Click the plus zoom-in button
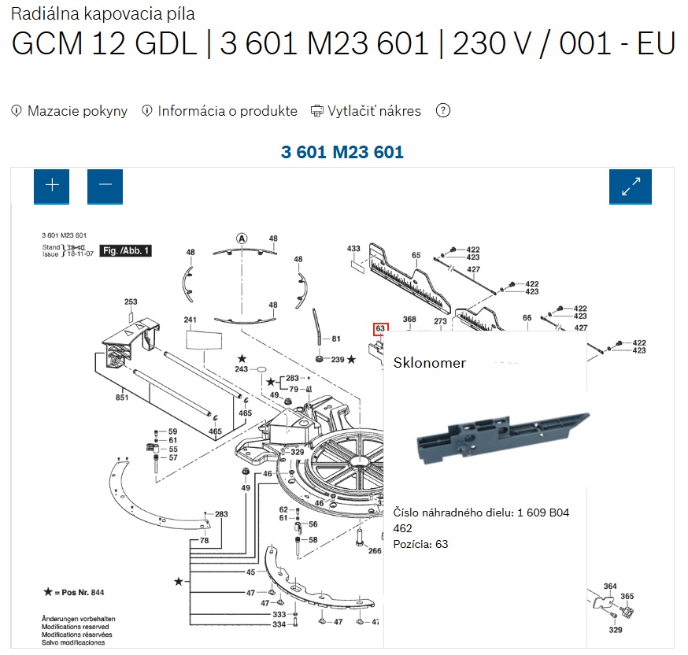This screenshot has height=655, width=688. click(x=52, y=187)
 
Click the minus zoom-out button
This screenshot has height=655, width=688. click(x=105, y=187)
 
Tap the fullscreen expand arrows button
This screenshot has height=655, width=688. click(x=631, y=187)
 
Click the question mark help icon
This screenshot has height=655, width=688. click(x=443, y=111)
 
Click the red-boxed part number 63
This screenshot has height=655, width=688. click(x=380, y=328)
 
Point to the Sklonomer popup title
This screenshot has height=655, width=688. click(x=430, y=363)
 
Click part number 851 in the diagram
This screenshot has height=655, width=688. click(x=122, y=398)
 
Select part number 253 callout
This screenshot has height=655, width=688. click(x=131, y=302)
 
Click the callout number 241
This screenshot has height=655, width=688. click(x=190, y=320)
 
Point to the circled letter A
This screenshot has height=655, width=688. click(x=242, y=238)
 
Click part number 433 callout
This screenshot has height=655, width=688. click(x=353, y=249)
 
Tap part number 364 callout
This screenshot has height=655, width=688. click(x=610, y=587)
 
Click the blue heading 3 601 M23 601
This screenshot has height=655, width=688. click(x=342, y=152)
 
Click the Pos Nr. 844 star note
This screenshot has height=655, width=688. click(x=74, y=590)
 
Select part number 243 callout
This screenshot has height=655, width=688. click(x=241, y=369)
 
